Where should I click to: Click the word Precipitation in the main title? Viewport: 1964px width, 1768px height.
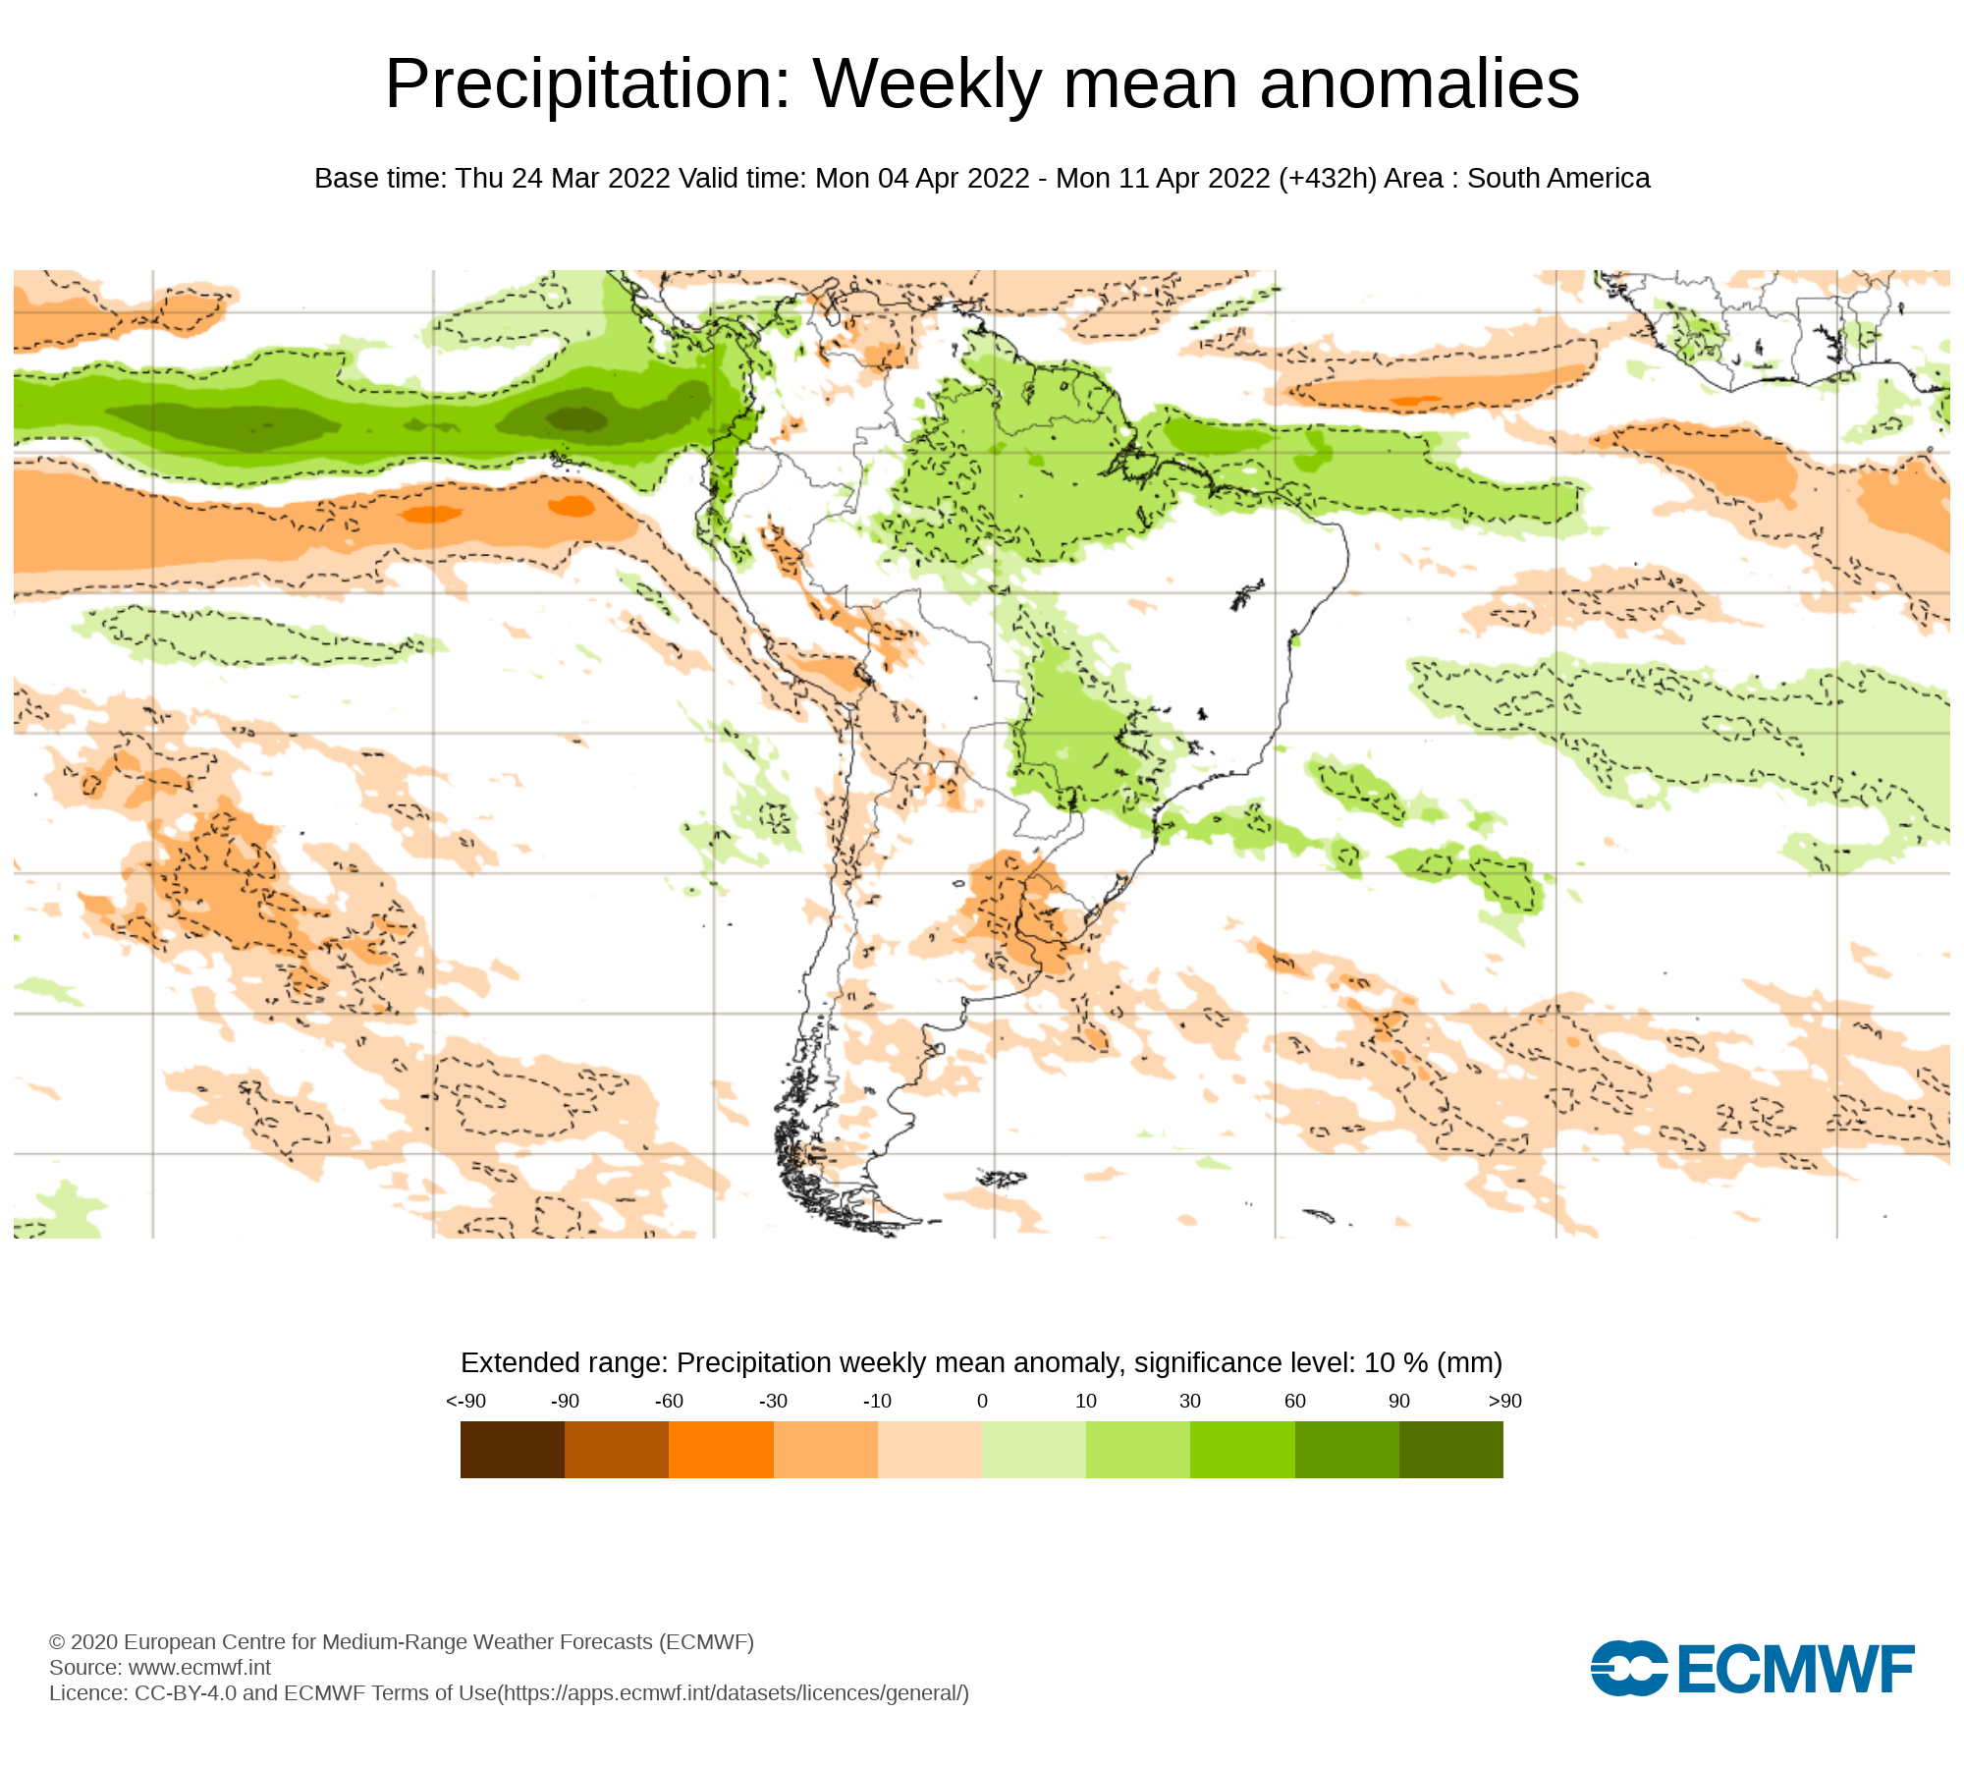[587, 84]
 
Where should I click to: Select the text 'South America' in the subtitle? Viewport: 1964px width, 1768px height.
[1558, 179]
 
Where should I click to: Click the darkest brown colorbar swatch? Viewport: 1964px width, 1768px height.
[512, 1450]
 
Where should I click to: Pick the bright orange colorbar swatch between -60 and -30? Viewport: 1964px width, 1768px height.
[721, 1450]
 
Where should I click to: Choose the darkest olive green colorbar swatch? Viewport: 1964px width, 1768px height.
[1450, 1450]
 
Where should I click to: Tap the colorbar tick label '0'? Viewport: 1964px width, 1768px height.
[982, 1402]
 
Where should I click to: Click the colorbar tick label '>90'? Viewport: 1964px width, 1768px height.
[1504, 1402]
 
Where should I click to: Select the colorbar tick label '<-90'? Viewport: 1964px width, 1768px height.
[465, 1402]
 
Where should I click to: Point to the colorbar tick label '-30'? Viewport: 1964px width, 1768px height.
[773, 1402]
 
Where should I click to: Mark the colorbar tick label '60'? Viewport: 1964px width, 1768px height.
[1295, 1402]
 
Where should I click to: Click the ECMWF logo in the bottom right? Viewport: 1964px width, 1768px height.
[1752, 1668]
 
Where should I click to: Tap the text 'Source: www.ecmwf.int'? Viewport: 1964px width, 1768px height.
[160, 1668]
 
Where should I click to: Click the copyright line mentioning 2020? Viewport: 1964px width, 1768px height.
[401, 1642]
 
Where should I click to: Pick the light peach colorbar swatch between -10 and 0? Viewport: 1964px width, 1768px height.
[929, 1450]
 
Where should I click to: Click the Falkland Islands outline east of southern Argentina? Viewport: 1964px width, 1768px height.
[1002, 1178]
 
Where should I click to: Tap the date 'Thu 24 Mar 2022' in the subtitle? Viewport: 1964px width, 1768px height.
[563, 179]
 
